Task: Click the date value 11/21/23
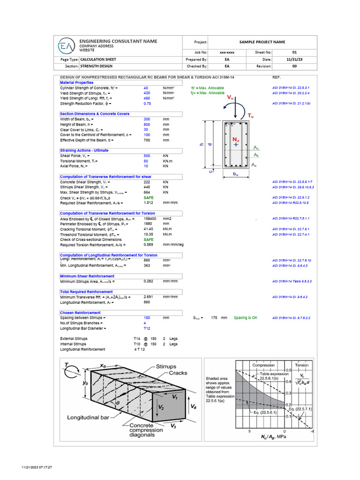point(294,60)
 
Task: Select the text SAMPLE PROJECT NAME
point(262,42)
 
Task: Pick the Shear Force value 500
point(147,156)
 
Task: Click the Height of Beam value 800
point(147,124)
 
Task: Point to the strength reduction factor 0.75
point(147,103)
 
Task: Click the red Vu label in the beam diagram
point(231,97)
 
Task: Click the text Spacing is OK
point(246,317)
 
